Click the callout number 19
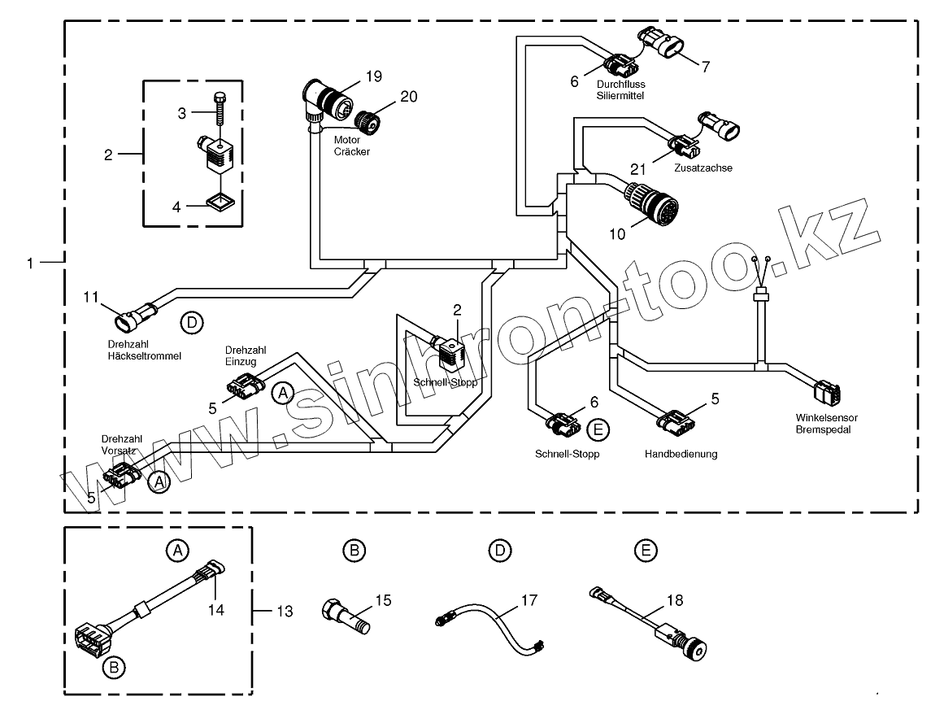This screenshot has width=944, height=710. (x=373, y=76)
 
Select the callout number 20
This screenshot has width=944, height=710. (x=408, y=96)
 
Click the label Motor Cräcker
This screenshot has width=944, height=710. (x=351, y=146)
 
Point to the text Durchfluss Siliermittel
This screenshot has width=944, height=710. (x=620, y=89)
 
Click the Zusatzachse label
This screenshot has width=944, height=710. (x=703, y=168)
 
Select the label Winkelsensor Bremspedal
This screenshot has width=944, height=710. (x=826, y=423)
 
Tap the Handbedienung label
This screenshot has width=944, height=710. (x=681, y=454)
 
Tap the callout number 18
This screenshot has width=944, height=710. (x=674, y=600)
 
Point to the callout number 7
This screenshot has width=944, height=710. (x=705, y=67)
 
